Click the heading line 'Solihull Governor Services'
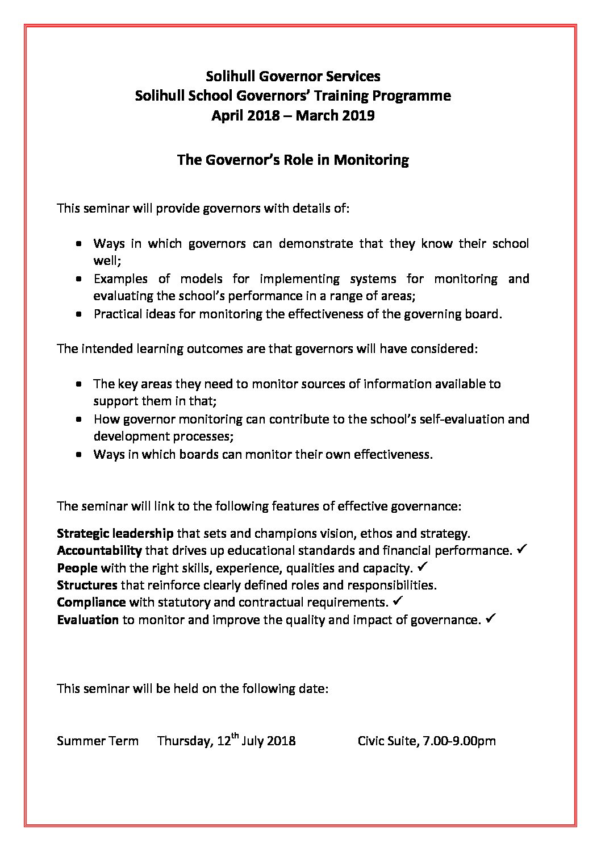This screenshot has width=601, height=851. pyautogui.click(x=293, y=76)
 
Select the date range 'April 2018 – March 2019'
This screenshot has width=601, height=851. pyautogui.click(x=293, y=115)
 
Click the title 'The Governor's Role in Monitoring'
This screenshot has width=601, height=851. pyautogui.click(x=293, y=160)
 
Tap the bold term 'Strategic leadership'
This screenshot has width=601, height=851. pyautogui.click(x=115, y=533)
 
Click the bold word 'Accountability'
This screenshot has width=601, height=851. pyautogui.click(x=99, y=550)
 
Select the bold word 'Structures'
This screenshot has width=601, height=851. pyautogui.click(x=87, y=585)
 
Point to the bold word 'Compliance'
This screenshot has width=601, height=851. pyautogui.click(x=91, y=602)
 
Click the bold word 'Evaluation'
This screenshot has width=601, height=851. pyautogui.click(x=88, y=620)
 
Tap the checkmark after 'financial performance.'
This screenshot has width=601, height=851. pyautogui.click(x=524, y=549)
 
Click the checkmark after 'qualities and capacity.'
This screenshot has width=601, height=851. pyautogui.click(x=422, y=567)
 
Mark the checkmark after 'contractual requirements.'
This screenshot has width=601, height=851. pyautogui.click(x=398, y=601)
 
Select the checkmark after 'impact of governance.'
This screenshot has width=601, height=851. pyautogui.click(x=492, y=618)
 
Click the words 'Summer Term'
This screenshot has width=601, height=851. pyautogui.click(x=98, y=741)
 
